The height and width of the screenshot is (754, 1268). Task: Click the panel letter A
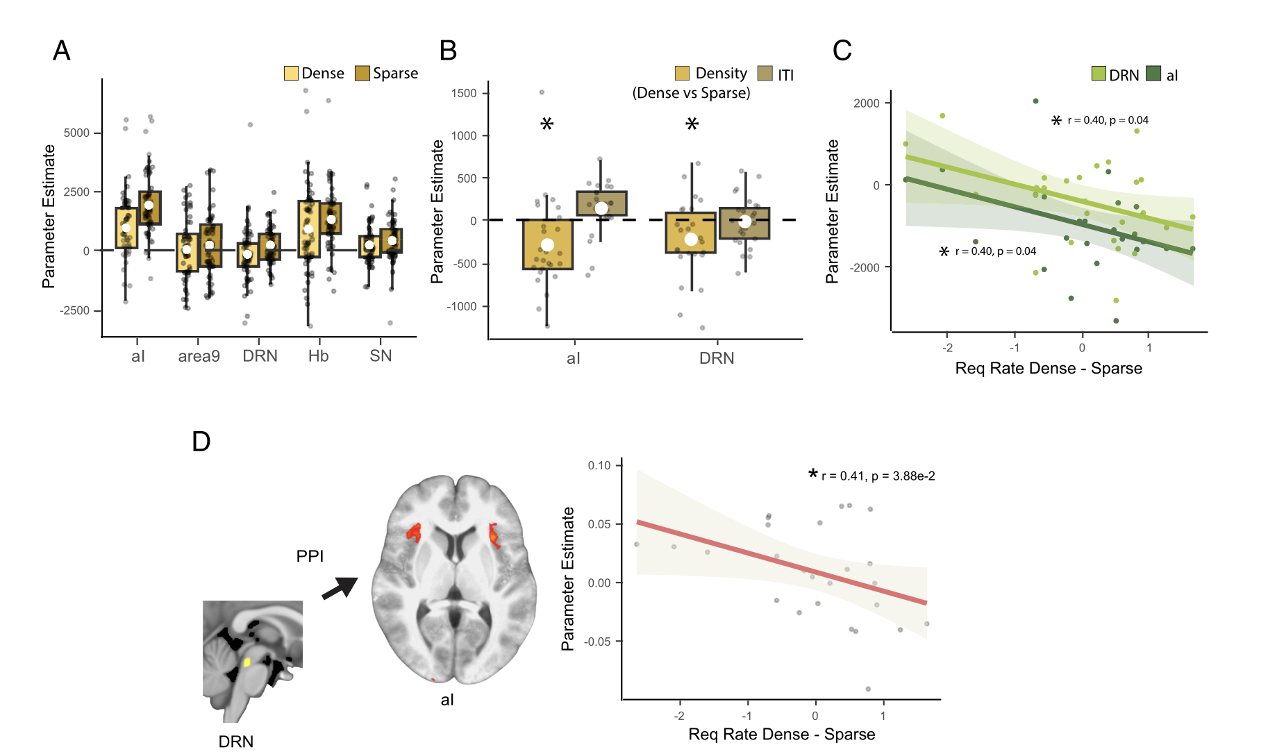pyautogui.click(x=62, y=51)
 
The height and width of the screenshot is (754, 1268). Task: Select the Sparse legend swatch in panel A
pyautogui.click(x=362, y=73)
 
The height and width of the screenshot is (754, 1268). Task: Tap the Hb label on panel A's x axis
pyautogui.click(x=318, y=356)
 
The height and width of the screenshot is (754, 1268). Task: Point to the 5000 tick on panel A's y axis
pyautogui.click(x=76, y=133)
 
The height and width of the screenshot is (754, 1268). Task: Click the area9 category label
pyautogui.click(x=199, y=356)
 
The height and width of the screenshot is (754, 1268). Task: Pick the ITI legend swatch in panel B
pyautogui.click(x=765, y=74)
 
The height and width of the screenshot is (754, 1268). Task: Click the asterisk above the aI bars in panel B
pyautogui.click(x=547, y=125)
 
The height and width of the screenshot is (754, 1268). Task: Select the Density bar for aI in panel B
pyautogui.click(x=548, y=244)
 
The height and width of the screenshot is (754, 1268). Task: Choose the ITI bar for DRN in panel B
pyautogui.click(x=744, y=223)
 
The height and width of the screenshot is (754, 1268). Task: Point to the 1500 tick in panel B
pyautogui.click(x=464, y=93)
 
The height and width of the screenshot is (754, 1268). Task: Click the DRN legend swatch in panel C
pyautogui.click(x=1098, y=74)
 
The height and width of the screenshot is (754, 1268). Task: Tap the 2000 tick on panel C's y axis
pyautogui.click(x=867, y=103)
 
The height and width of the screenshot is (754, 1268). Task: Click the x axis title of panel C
pyautogui.click(x=1048, y=369)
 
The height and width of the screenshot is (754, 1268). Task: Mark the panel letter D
pyautogui.click(x=201, y=442)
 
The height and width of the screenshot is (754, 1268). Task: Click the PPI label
pyautogui.click(x=310, y=556)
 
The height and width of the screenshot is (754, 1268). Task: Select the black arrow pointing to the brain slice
pyautogui.click(x=340, y=588)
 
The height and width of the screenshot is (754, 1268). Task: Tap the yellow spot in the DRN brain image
pyautogui.click(x=247, y=662)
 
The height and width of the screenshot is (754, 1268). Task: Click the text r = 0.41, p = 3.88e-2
pyautogui.click(x=878, y=476)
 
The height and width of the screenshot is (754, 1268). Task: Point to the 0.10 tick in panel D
pyautogui.click(x=599, y=465)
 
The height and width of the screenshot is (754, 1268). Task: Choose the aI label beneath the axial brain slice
pyautogui.click(x=447, y=700)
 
